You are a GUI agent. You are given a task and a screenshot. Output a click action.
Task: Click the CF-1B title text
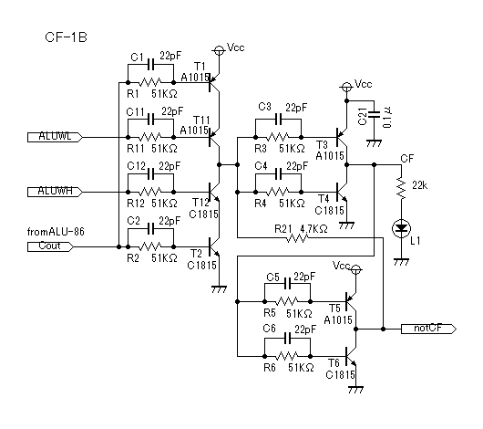[66, 37]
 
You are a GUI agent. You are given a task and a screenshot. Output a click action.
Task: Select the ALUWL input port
[55, 137]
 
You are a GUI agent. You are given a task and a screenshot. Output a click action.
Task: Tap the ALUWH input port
[55, 192]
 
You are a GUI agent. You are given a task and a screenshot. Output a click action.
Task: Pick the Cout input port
[50, 247]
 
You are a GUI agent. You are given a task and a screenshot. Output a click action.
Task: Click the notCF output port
[428, 329]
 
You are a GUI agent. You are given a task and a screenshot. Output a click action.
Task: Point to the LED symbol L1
[401, 228]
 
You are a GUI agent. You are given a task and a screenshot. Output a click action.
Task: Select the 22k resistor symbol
[401, 188]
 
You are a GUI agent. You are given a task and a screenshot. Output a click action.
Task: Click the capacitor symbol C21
[374, 114]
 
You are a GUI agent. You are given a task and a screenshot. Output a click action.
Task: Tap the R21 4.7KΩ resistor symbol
[297, 238]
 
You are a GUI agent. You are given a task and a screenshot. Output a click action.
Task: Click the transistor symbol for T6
[351, 357]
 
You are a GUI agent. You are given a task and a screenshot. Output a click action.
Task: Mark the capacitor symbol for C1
[150, 65]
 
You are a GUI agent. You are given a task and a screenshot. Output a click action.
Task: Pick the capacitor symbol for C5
[287, 284]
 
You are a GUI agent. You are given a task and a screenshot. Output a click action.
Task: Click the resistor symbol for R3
[278, 137]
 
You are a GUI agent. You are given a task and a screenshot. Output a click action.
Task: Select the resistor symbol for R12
[150, 192]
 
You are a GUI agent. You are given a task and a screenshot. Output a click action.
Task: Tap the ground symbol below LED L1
[401, 262]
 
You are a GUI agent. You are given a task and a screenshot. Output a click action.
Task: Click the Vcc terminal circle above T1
[219, 50]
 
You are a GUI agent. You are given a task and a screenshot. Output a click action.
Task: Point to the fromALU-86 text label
[56, 232]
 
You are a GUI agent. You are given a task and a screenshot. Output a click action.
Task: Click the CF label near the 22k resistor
[407, 159]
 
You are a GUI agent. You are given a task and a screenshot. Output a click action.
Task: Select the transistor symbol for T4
[342, 193]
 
